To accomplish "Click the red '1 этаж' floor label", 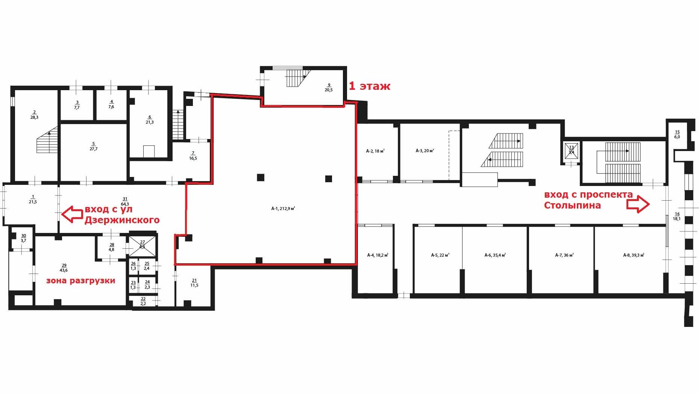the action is (370, 86).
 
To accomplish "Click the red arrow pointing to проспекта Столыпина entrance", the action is (638, 205).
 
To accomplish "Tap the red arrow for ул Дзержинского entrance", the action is (72, 214).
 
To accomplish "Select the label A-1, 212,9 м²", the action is (283, 208).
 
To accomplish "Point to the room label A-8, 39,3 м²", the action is (634, 255).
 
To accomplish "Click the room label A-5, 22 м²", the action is (440, 255).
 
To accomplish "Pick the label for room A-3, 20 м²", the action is (425, 151).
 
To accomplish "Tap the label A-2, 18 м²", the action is (375, 151).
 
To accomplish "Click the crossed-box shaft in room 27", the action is (143, 245).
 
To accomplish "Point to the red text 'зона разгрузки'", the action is (80, 281).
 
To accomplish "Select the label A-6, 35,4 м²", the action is (495, 255).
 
